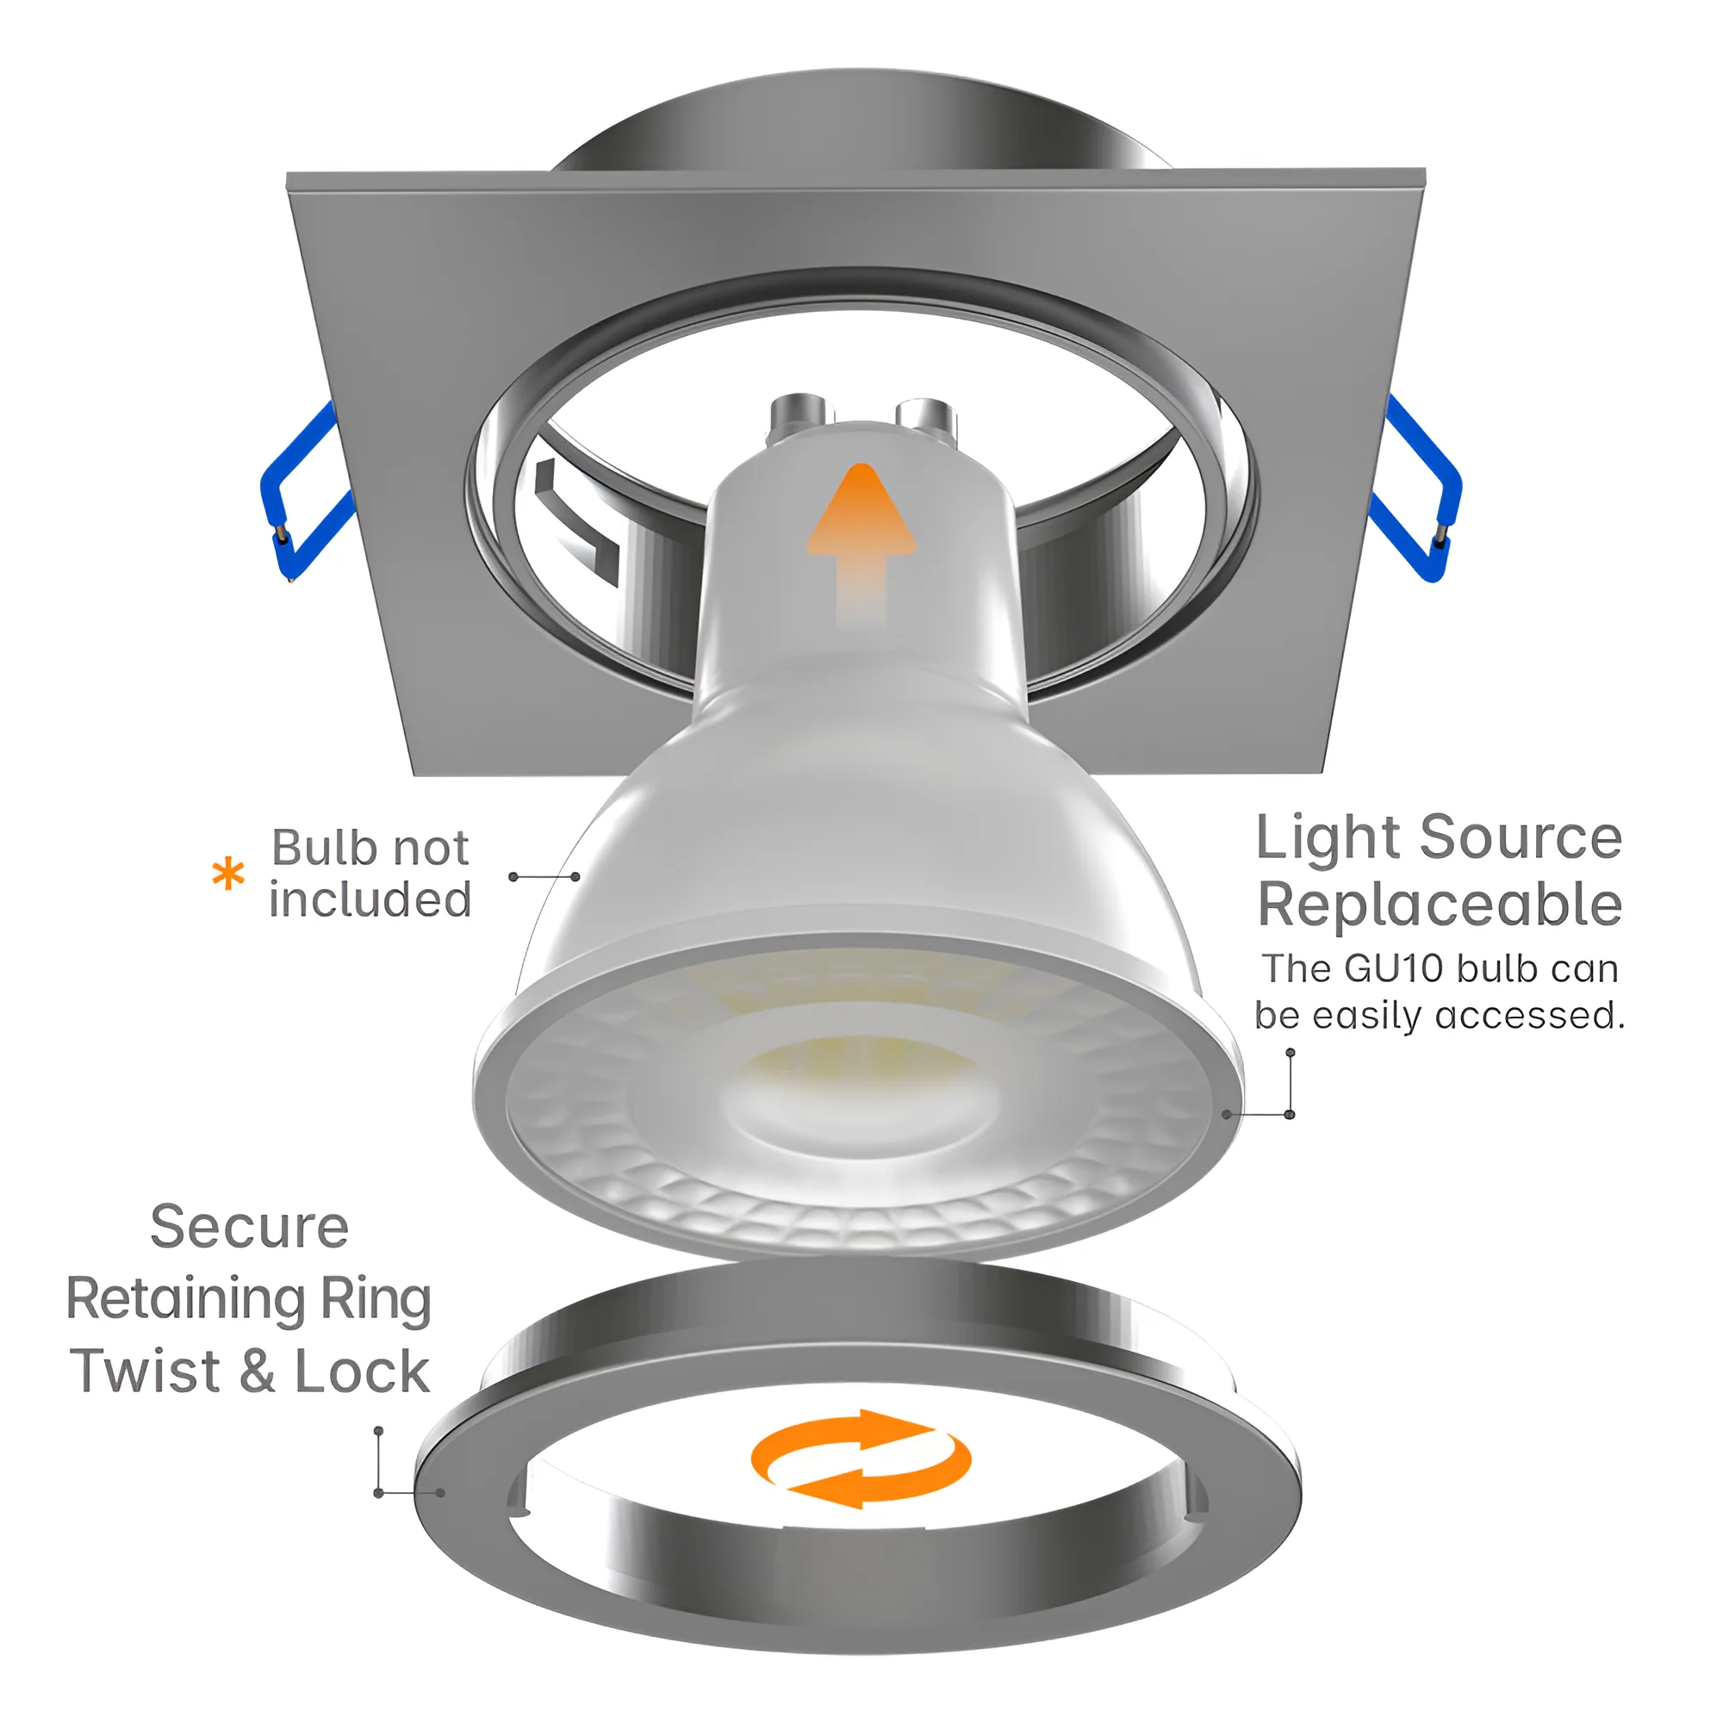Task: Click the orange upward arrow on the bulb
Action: coord(861,544)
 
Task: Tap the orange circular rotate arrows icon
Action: coord(861,1459)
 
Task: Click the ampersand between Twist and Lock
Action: coord(257,1372)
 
